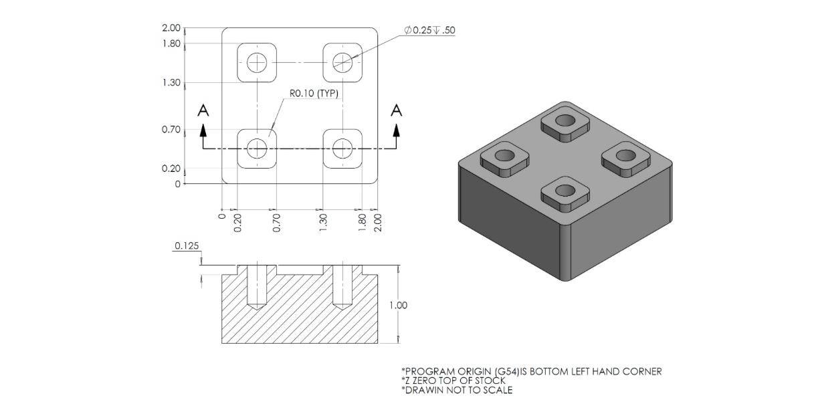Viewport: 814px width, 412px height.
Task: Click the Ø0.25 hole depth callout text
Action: pyautogui.click(x=429, y=30)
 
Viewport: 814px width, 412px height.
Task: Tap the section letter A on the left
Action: pyautogui.click(x=204, y=112)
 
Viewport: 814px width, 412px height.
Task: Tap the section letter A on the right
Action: pyautogui.click(x=397, y=110)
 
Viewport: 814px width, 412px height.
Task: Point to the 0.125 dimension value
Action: pyautogui.click(x=187, y=246)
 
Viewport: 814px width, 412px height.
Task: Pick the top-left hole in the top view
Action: pyautogui.click(x=257, y=63)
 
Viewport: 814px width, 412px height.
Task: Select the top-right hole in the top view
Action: pyautogui.click(x=342, y=63)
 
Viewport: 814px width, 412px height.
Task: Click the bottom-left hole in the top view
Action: pyautogui.click(x=257, y=148)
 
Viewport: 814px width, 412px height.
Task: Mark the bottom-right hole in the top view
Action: pyautogui.click(x=342, y=148)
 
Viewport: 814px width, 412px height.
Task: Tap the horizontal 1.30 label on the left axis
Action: pyautogui.click(x=171, y=83)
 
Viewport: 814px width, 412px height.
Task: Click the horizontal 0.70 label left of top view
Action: pyautogui.click(x=171, y=129)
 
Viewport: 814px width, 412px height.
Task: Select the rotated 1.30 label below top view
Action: pyautogui.click(x=323, y=222)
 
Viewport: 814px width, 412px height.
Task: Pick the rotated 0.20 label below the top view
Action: pyautogui.click(x=237, y=222)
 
